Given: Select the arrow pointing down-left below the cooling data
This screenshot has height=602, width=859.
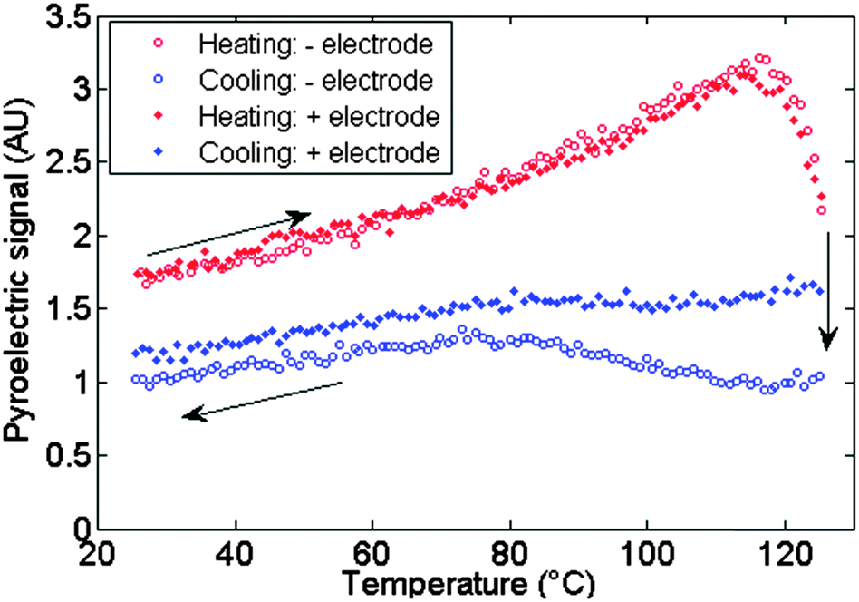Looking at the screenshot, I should point(262,399).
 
